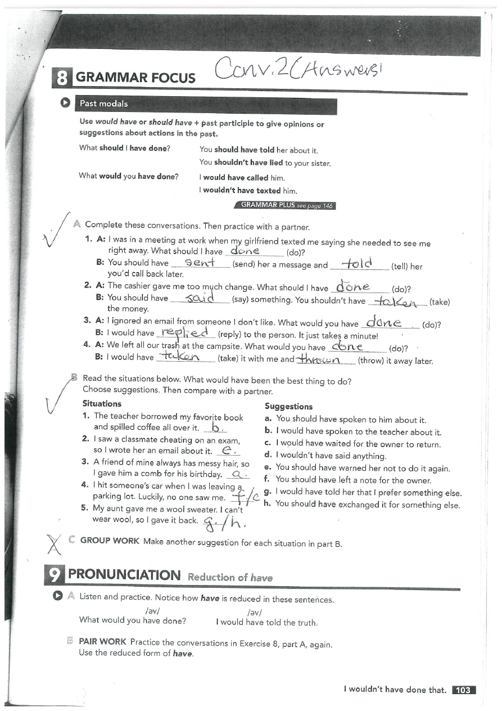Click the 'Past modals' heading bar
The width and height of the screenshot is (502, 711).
[103, 103]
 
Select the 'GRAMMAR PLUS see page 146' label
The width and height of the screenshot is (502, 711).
[286, 205]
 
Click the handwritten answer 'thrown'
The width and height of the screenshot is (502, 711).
[325, 359]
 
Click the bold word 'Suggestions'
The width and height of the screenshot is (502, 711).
[288, 407]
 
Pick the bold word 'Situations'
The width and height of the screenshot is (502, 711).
[102, 403]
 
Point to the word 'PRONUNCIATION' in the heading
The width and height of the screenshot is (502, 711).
[125, 575]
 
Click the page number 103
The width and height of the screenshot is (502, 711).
[463, 690]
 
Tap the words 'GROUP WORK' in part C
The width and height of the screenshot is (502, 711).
[110, 541]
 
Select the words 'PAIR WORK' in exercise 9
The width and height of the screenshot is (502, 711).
[103, 641]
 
